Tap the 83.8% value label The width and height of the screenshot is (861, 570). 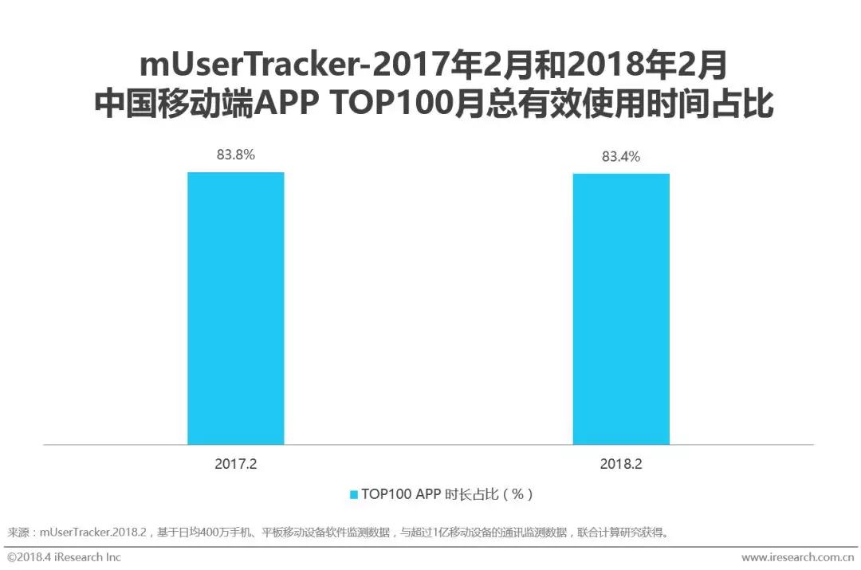pos(236,155)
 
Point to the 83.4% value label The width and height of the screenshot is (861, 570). pos(621,157)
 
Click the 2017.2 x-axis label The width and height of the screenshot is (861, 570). pos(235,463)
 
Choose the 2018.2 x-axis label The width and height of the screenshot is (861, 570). pos(622,463)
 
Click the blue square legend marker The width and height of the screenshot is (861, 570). pos(353,494)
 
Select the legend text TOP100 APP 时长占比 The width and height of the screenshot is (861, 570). pos(446,494)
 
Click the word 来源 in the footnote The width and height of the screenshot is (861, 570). pos(18,532)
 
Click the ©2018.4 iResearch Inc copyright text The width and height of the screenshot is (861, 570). pos(64,557)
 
